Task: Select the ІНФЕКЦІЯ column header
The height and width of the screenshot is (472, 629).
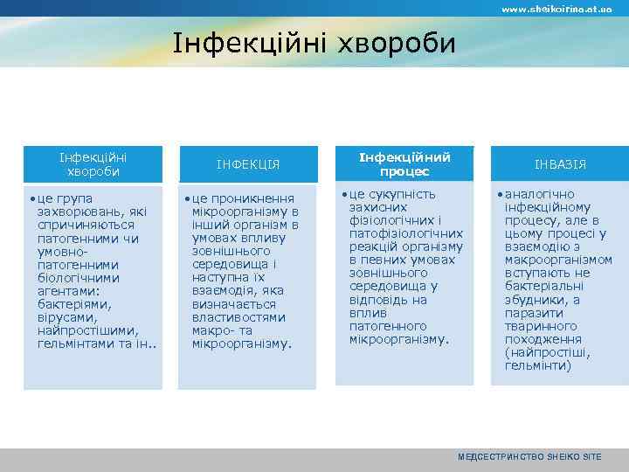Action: tap(248, 164)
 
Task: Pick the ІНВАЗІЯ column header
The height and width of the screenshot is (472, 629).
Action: tap(560, 164)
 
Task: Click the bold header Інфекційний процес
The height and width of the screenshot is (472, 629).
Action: tap(404, 164)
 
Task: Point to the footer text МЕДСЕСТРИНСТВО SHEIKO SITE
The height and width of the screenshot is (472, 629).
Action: tap(529, 457)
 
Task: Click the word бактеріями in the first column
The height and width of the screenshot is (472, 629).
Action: tap(71, 303)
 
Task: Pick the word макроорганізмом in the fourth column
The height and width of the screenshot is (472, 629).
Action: tap(559, 260)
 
